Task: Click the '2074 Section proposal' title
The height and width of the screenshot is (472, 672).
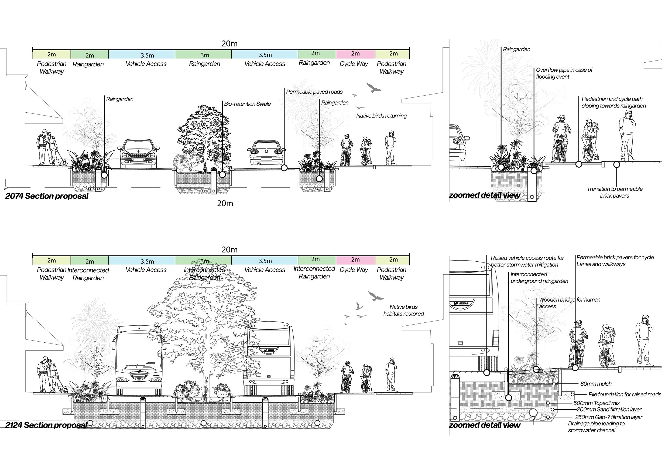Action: click(47, 196)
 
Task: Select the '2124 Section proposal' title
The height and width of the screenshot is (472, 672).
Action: click(46, 425)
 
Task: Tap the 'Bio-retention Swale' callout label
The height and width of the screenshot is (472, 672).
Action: click(247, 104)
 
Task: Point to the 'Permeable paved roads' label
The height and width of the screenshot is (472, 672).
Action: click(314, 92)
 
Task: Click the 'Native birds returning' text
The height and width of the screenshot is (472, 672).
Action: click(381, 116)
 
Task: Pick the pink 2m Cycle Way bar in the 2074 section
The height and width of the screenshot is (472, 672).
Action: click(355, 54)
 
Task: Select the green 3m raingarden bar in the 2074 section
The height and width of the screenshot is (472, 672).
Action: click(205, 55)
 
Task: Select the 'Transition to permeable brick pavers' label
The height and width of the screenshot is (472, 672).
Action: click(614, 193)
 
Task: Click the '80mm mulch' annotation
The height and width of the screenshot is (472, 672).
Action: click(596, 384)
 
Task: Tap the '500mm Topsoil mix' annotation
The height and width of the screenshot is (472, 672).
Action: click(596, 403)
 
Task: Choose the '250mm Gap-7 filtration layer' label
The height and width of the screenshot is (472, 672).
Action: click(609, 417)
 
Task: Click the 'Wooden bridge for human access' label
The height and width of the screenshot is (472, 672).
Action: click(569, 303)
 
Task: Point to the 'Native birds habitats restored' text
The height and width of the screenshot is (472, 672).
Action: click(403, 310)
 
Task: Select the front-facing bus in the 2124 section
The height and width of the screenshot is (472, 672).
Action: click(139, 360)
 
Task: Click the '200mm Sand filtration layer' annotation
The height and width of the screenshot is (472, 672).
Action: click(609, 410)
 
